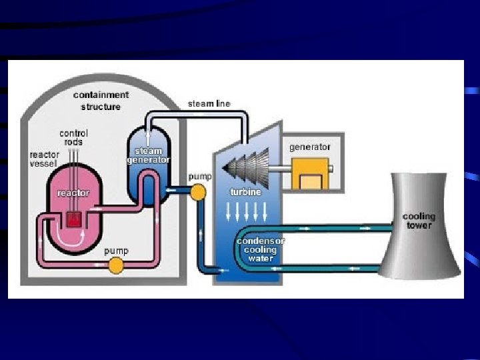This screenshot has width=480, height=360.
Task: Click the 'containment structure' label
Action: (101, 101)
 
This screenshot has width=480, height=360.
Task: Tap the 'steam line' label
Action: (209, 103)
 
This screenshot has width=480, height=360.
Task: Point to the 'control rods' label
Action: (73, 137)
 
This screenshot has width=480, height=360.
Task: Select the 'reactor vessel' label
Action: (44, 159)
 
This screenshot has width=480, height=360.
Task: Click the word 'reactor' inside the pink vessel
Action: (73, 193)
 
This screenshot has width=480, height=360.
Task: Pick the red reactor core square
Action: (74, 218)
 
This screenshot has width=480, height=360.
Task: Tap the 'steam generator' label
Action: (148, 155)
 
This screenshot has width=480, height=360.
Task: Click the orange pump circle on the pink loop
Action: (116, 265)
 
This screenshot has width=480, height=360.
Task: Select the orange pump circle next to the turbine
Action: (197, 192)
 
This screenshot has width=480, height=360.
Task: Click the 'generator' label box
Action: (309, 147)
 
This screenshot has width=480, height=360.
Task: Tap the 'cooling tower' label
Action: (419, 221)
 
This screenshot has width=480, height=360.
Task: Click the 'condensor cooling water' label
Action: (260, 249)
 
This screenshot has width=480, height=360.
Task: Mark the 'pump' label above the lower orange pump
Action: (116, 251)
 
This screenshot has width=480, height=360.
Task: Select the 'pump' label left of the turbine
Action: (199, 177)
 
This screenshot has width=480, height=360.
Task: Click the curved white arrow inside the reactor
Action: (72, 235)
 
